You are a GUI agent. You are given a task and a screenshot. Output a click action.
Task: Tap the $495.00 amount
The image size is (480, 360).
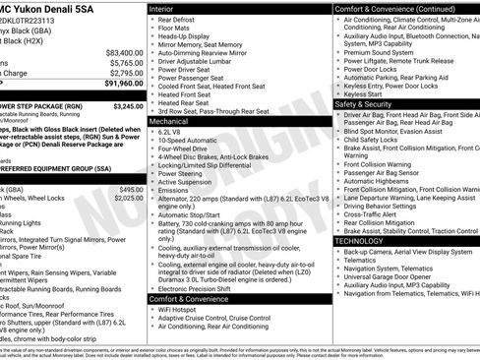[x=131, y=189]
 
